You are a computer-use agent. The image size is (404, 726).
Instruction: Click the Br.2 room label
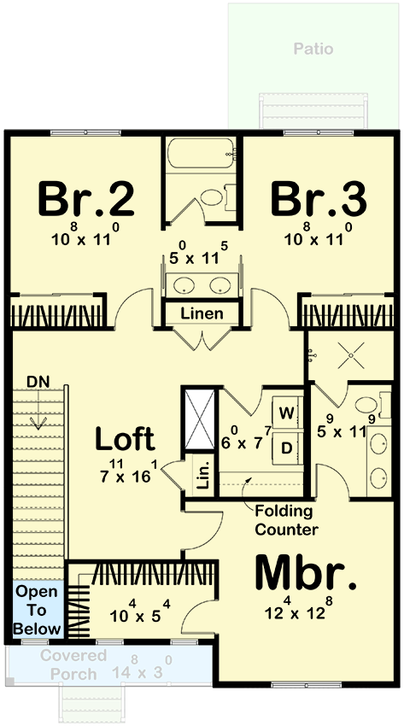[86, 199]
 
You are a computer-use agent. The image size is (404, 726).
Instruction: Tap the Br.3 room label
[319, 199]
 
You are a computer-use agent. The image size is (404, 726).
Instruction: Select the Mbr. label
[306, 573]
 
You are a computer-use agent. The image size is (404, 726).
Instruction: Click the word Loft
[125, 439]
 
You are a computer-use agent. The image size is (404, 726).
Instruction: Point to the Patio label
[313, 49]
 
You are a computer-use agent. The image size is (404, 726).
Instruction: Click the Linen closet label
[202, 313]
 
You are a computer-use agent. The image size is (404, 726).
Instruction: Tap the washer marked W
[287, 413]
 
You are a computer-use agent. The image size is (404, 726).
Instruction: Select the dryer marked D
[287, 448]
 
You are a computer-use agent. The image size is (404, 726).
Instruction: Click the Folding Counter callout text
[286, 520]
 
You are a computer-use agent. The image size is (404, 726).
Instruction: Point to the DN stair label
[38, 382]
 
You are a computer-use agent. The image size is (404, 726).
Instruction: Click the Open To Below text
[37, 610]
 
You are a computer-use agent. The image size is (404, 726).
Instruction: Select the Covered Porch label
[73, 665]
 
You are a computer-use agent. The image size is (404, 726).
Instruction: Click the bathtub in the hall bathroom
[201, 153]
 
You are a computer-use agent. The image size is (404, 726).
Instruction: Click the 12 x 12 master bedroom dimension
[299, 609]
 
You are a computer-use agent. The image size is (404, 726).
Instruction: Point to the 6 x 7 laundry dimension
[244, 438]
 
